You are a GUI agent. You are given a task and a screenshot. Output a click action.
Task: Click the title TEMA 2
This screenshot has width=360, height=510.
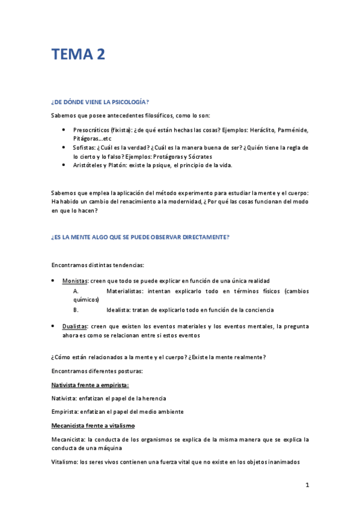[78, 55]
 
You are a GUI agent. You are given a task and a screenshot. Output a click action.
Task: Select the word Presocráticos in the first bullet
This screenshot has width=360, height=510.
[92, 129]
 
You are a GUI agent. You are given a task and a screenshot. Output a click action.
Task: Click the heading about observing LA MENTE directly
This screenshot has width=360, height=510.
[140, 237]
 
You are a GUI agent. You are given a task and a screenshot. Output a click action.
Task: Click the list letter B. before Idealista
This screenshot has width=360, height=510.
[76, 310]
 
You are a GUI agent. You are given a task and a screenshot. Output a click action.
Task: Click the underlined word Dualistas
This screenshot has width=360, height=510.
[75, 326]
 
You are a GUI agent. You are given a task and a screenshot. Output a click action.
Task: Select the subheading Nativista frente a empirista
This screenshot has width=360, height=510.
[90, 384]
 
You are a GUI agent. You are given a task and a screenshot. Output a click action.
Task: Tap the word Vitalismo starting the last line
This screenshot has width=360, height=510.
[64, 462]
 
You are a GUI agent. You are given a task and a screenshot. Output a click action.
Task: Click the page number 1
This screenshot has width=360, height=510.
[307, 485]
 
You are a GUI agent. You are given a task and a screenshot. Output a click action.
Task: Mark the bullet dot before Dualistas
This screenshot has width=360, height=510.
[53, 325]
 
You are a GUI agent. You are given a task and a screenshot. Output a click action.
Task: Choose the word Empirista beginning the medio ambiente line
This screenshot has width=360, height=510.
[64, 411]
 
